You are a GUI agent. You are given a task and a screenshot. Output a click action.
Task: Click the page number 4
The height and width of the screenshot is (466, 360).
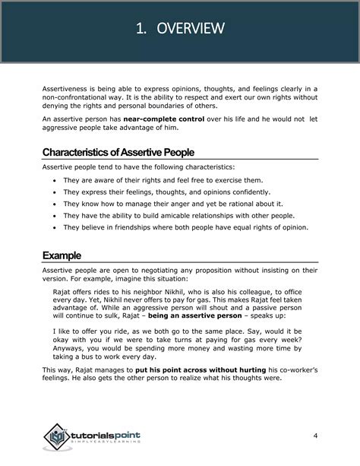pos(314,435)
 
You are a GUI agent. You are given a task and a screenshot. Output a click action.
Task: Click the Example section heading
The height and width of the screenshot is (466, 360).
pos(63,255)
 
